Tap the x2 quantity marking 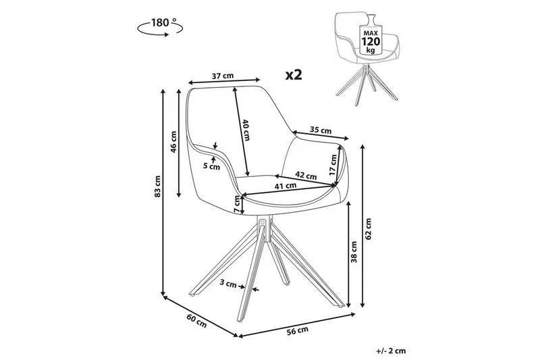click(x=293, y=74)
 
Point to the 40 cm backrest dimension click(x=246, y=129)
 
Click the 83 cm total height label click(x=156, y=188)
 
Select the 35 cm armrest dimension click(x=321, y=130)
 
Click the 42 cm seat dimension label click(x=306, y=176)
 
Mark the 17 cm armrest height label click(x=333, y=165)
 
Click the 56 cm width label click(x=298, y=330)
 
